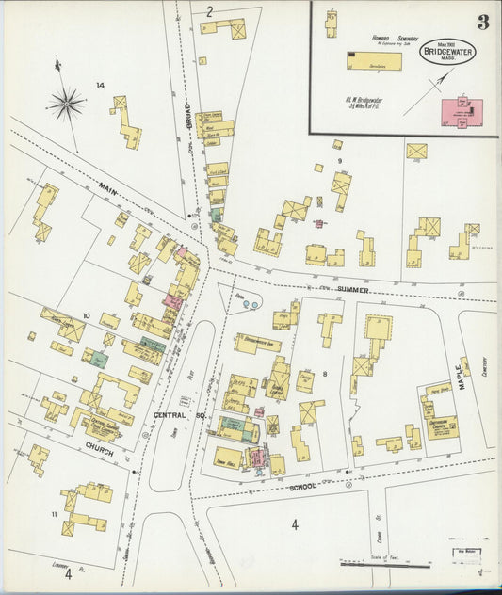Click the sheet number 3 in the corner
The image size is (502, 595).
tap(482, 22)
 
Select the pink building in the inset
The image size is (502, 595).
tap(462, 110)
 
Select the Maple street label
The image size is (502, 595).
tap(463, 367)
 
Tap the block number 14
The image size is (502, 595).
tap(100, 87)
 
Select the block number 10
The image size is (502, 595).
tap(86, 316)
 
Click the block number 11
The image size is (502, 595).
tap(54, 513)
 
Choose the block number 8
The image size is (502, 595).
tap(324, 375)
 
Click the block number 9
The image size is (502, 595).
tap(338, 146)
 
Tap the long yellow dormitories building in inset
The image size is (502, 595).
tap(374, 61)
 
